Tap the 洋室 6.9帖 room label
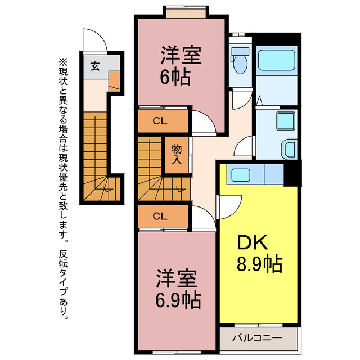(x=176, y=289)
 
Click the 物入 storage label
(x=177, y=154)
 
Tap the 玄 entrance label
(x=95, y=65)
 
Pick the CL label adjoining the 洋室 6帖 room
(x=160, y=120)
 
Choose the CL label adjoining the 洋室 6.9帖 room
(x=160, y=215)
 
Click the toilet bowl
(x=241, y=62)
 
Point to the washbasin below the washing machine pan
(x=287, y=150)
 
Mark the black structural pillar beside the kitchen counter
(x=292, y=173)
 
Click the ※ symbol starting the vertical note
(x=62, y=62)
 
